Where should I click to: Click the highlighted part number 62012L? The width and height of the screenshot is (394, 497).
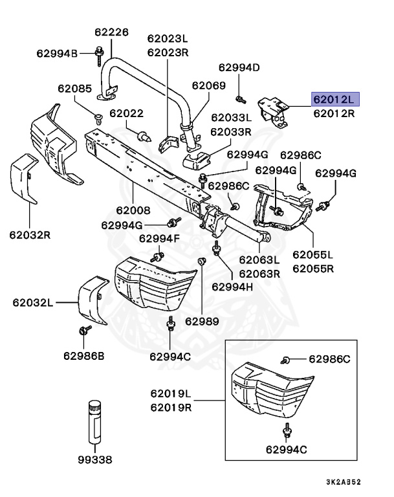coord(334,99)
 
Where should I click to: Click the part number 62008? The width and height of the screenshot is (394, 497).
coord(133,210)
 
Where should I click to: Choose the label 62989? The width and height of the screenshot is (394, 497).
coord(202,321)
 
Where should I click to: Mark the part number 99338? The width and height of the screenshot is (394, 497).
coord(94,460)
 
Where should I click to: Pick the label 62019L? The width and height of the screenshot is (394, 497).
coord(171,393)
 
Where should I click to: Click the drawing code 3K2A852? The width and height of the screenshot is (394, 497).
coord(353,482)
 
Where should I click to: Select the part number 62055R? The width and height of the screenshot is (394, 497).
coord(313,267)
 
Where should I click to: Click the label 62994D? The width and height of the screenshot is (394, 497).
coord(239,67)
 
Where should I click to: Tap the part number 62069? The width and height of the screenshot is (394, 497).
coord(208,85)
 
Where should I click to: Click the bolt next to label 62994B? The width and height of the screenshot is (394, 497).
coord(100,52)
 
